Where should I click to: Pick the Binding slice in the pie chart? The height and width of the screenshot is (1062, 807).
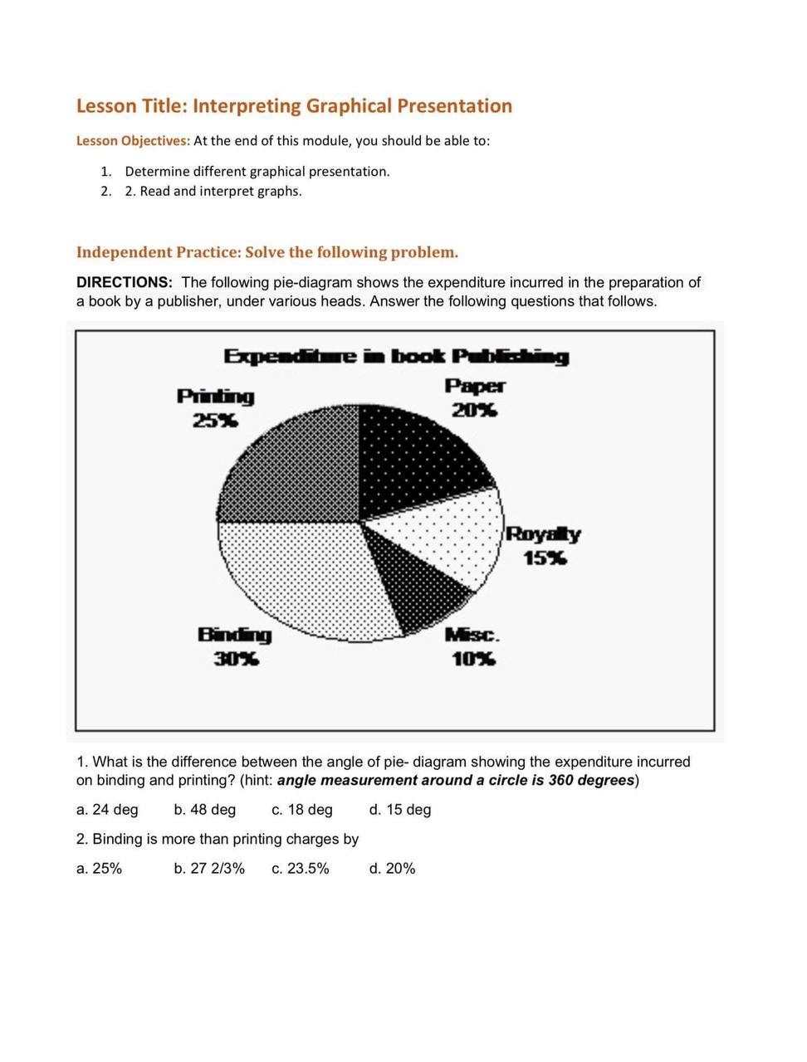point(307,581)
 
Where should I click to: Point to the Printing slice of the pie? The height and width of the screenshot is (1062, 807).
point(295,469)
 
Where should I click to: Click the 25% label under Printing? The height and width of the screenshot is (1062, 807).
point(215,421)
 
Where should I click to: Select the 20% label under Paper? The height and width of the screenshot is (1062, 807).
point(474,410)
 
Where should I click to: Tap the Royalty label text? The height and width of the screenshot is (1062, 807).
point(543,533)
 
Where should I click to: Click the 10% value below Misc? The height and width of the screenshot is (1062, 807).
point(473,660)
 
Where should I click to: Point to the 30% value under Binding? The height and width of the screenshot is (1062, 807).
point(236,660)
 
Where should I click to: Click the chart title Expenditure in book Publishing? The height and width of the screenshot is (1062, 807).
point(396,357)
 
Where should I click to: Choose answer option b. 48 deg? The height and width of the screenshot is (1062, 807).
point(205,810)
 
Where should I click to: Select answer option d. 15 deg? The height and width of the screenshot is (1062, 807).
point(400,810)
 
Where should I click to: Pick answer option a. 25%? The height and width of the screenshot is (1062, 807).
point(99,869)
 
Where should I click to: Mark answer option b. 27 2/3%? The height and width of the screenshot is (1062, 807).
point(209,869)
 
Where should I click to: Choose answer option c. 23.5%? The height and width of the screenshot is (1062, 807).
point(300,869)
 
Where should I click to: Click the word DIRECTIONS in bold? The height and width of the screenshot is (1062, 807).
point(124,283)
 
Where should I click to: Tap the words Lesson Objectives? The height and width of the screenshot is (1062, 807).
point(133,141)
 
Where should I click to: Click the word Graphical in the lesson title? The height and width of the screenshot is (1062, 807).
point(349,106)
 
